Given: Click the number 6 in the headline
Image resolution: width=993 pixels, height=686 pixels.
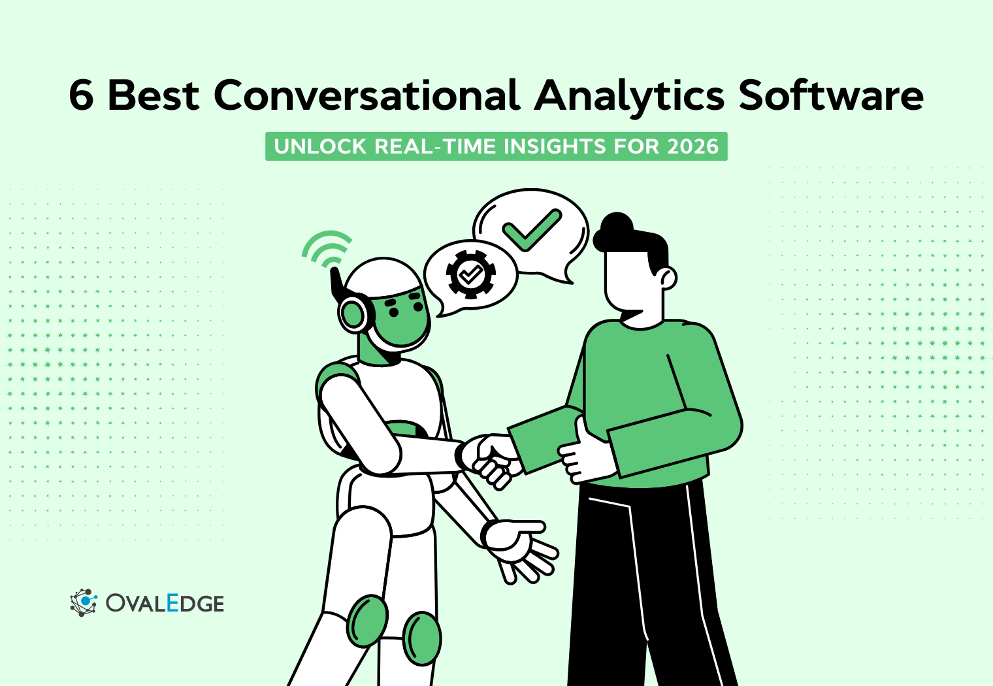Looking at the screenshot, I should click(x=82, y=95).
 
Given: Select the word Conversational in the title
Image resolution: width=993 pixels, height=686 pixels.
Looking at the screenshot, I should click(x=366, y=95).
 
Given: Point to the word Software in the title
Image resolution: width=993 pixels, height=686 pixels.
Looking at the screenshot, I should click(x=831, y=95).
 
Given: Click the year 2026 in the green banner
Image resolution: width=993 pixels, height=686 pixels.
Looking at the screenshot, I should click(x=692, y=146).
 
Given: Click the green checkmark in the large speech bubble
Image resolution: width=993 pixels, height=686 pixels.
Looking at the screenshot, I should click(x=531, y=229).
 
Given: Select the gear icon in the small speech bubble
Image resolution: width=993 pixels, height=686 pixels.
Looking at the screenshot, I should click(x=470, y=274).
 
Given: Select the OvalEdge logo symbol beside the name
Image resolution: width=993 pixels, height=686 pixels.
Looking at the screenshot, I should click(x=84, y=602).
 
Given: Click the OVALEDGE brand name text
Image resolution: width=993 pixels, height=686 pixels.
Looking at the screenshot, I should click(x=165, y=603).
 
